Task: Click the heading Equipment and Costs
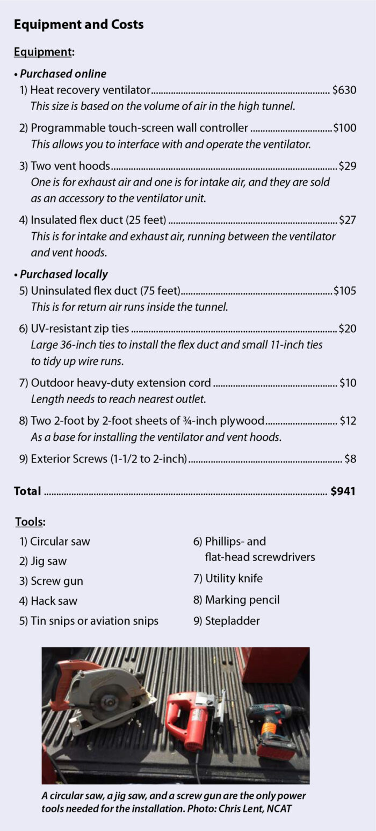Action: pos(78,25)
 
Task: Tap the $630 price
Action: pos(344,90)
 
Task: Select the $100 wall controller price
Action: pos(345,128)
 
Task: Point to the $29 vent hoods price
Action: pos(348,166)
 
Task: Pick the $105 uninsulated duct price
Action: pos(345,291)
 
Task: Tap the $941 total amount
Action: pos(343,491)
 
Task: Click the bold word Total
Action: pos(27,491)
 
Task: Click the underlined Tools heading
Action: pos(30,521)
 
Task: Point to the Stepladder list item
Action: pos(226,621)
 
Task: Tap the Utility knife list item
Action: pos(228,579)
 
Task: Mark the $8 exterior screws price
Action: pos(350,459)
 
